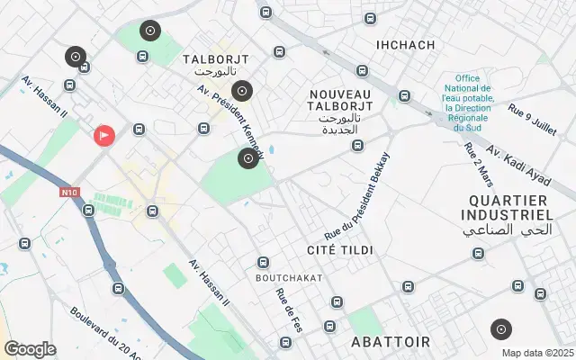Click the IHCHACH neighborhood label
pyautogui.click(x=405, y=45)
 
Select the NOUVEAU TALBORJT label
pyautogui.click(x=339, y=101)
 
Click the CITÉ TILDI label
pyautogui.click(x=340, y=248)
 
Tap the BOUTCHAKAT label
pyautogui.click(x=288, y=278)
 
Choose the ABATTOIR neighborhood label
pyautogui.click(x=391, y=342)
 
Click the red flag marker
pyautogui.click(x=104, y=137)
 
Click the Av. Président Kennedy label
pyautogui.click(x=229, y=124)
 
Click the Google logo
pyautogui.click(x=30, y=349)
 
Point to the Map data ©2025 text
pyautogui.click(x=537, y=353)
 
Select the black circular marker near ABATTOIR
pyautogui.click(x=501, y=329)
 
